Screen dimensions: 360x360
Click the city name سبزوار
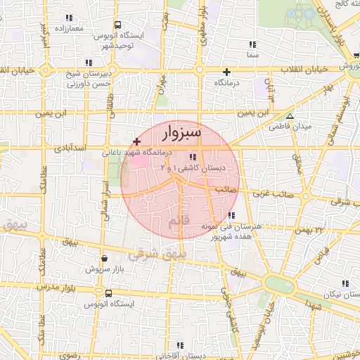tap(181, 131)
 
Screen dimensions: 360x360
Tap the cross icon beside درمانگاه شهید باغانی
tap(136, 142)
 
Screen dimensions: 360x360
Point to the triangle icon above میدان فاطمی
tap(290, 116)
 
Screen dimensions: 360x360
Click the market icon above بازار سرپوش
tap(105, 258)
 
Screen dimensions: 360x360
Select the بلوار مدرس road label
tap(31, 288)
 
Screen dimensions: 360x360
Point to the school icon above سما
tap(252, 44)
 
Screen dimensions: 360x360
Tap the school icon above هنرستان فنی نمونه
tap(232, 215)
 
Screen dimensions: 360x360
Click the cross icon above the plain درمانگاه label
tap(226, 72)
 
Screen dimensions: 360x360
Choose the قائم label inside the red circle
tap(179, 222)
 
